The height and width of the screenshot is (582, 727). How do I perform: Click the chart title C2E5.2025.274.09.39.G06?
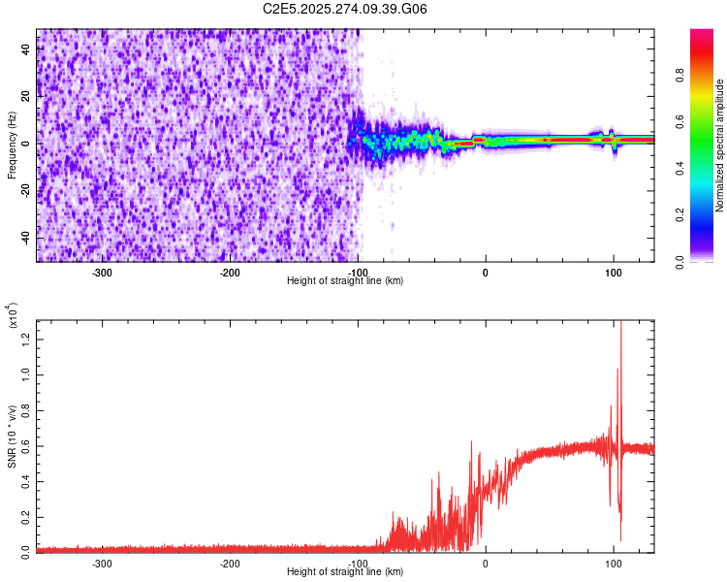345,9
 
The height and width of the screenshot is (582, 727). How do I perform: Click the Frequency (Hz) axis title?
12,145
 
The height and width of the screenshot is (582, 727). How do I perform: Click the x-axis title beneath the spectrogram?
345,281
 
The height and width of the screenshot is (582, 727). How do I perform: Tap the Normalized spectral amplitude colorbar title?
720,145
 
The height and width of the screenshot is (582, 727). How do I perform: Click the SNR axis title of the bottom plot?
13,436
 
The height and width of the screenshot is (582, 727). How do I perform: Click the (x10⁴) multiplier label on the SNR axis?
13,314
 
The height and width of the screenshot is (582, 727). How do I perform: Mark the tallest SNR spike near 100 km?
620,325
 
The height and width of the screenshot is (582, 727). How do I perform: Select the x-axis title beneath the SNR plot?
345,572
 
